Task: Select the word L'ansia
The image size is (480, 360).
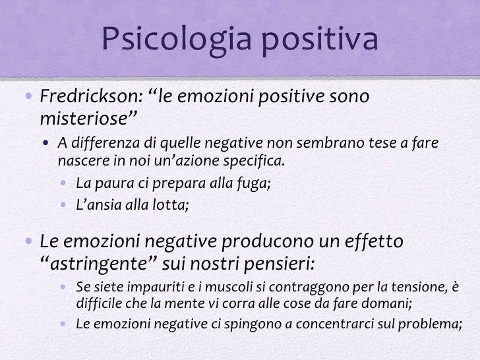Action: pos(97,203)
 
